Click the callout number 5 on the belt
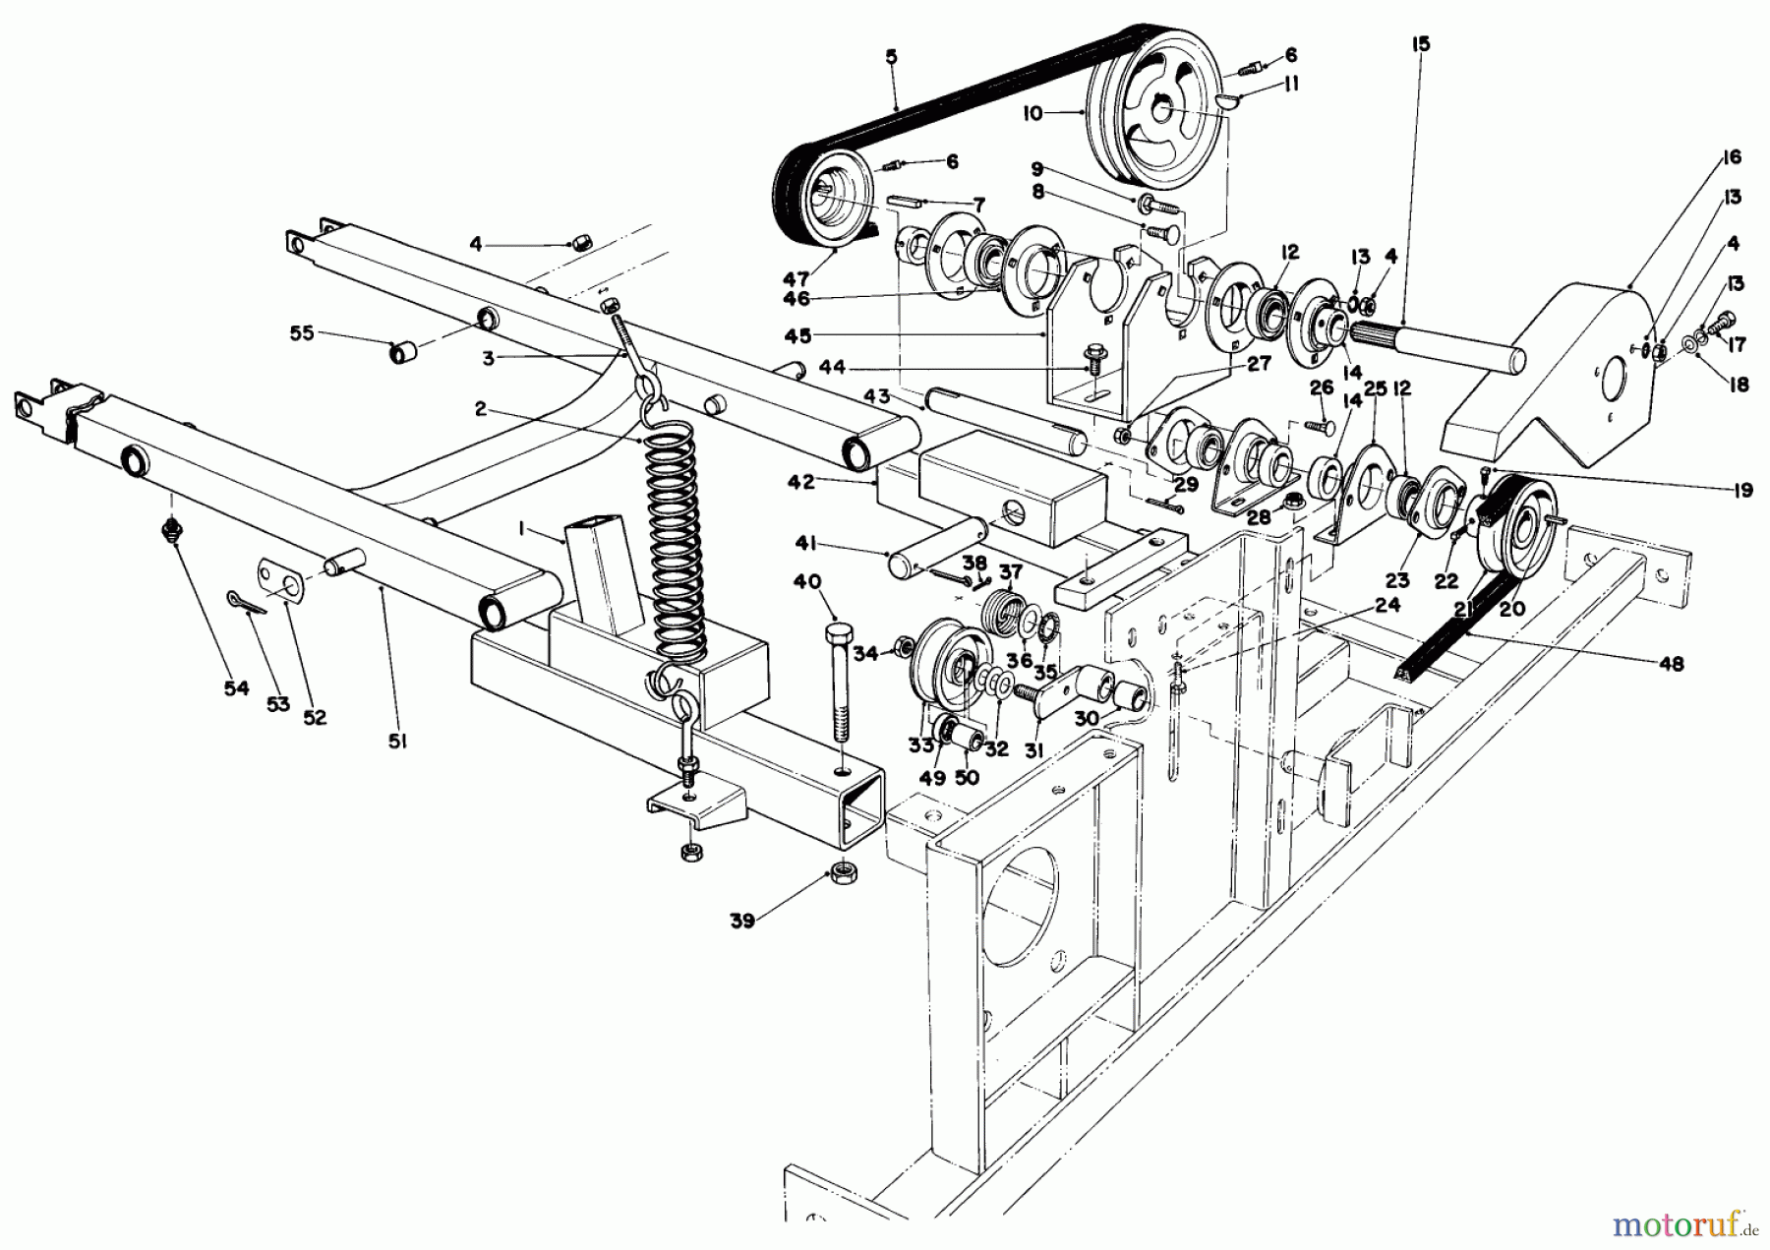pyautogui.click(x=891, y=57)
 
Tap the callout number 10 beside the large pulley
pyautogui.click(x=1032, y=114)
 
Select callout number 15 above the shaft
pyautogui.click(x=1421, y=44)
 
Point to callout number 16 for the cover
pyautogui.click(x=1731, y=157)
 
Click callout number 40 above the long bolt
pyautogui.click(x=807, y=581)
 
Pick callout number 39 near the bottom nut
pyautogui.click(x=741, y=921)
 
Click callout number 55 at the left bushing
pyautogui.click(x=302, y=333)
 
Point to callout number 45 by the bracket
pyautogui.click(x=797, y=336)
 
